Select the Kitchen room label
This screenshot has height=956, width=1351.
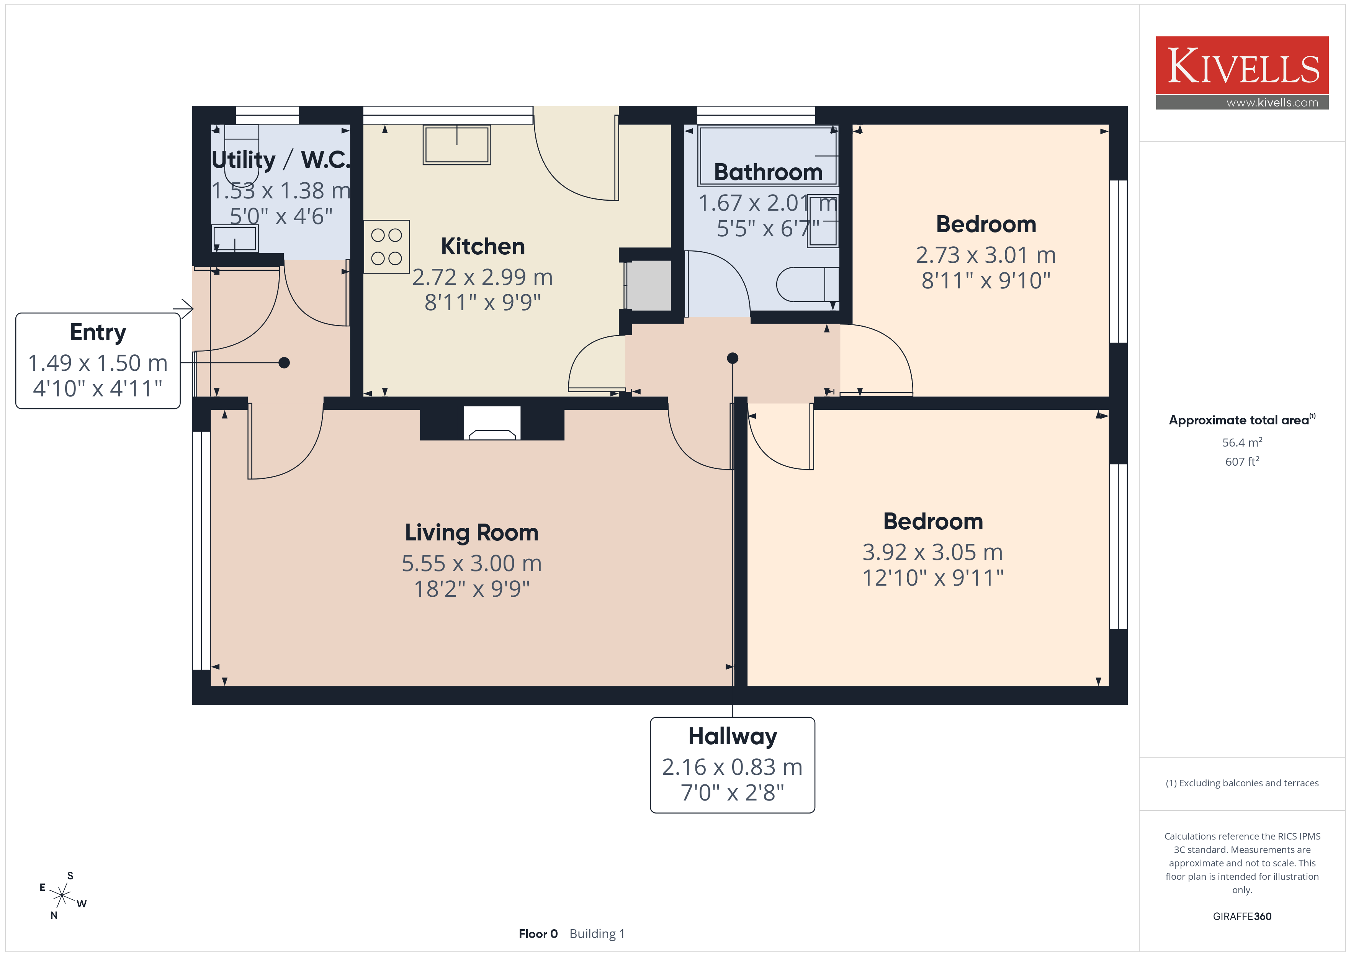click(x=483, y=246)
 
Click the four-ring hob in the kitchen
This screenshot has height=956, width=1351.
click(x=387, y=247)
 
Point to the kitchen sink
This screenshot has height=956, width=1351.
click(x=456, y=144)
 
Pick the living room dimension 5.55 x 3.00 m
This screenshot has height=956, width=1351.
click(x=471, y=563)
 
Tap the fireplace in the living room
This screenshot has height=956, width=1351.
click(x=492, y=423)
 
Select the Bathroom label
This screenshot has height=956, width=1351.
click(x=768, y=172)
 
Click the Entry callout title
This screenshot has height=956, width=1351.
click(x=98, y=332)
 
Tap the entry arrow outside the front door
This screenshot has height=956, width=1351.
click(x=183, y=308)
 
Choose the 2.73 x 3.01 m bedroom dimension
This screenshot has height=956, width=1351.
click(x=986, y=255)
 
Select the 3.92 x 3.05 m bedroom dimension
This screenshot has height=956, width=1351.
click(x=932, y=552)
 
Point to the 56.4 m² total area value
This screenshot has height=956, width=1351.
click(x=1242, y=442)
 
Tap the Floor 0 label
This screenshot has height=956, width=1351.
click(x=538, y=934)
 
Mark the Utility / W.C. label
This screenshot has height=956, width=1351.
click(x=281, y=160)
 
